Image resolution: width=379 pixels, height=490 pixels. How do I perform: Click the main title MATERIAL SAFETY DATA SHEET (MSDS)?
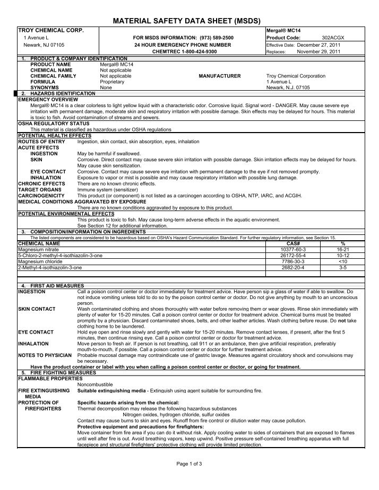click(189, 21)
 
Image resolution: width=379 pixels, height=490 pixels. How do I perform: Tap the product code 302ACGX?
click(333, 38)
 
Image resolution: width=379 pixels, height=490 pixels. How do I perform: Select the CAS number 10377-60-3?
click(295, 248)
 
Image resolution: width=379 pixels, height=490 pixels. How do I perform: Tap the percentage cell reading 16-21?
click(342, 248)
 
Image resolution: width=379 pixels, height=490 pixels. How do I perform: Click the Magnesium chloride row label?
click(41, 261)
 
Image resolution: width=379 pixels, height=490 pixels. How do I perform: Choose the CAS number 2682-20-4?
click(295, 268)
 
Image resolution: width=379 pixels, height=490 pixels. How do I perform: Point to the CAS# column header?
click(295, 242)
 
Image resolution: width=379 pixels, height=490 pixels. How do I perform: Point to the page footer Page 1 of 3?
click(189, 464)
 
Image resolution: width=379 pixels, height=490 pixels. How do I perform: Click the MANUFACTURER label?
click(219, 76)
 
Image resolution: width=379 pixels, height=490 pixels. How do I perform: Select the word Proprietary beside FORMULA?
click(112, 82)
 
